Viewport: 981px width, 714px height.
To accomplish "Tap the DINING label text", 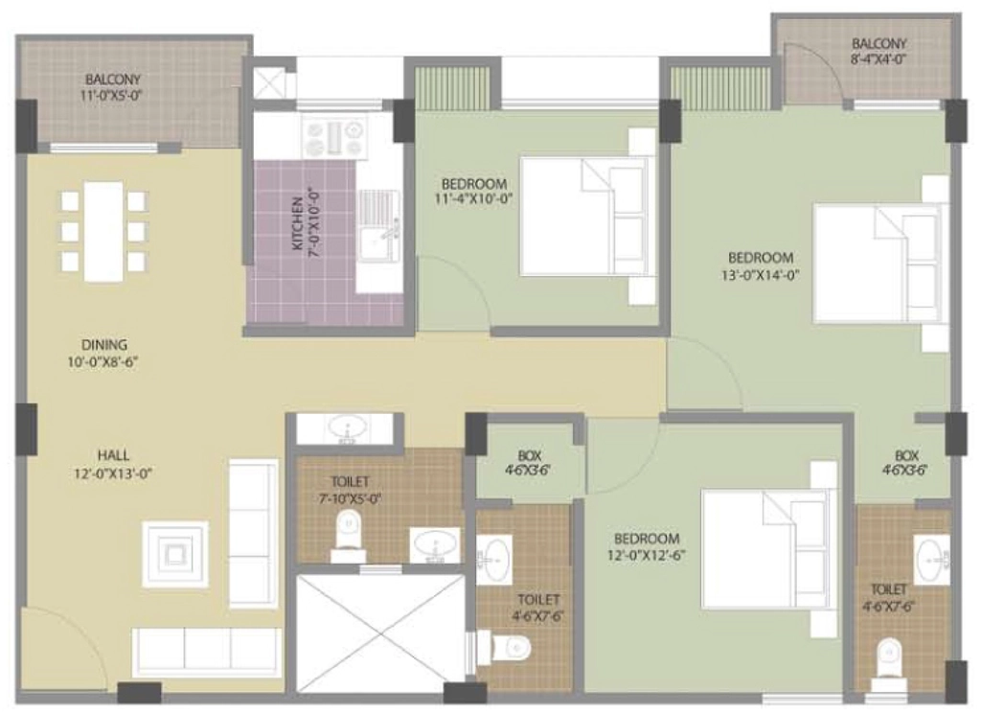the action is click(104, 344).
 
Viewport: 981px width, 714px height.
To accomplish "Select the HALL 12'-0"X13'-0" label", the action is click(113, 464).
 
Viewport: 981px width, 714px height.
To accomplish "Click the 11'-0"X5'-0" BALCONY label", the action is click(113, 87).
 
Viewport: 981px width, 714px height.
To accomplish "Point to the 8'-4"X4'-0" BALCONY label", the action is click(878, 52).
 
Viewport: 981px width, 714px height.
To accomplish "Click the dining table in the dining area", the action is click(103, 232).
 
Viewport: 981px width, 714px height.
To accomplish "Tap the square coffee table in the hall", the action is click(175, 555).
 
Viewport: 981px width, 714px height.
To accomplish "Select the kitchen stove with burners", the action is click(334, 138).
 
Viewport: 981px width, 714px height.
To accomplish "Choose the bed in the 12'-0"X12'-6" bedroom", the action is click(767, 549).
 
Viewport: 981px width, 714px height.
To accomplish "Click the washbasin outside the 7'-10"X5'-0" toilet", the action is click(345, 429).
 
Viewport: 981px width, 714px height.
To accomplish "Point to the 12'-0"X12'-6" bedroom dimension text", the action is click(647, 555).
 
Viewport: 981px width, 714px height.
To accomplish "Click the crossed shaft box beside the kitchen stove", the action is click(270, 83).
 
